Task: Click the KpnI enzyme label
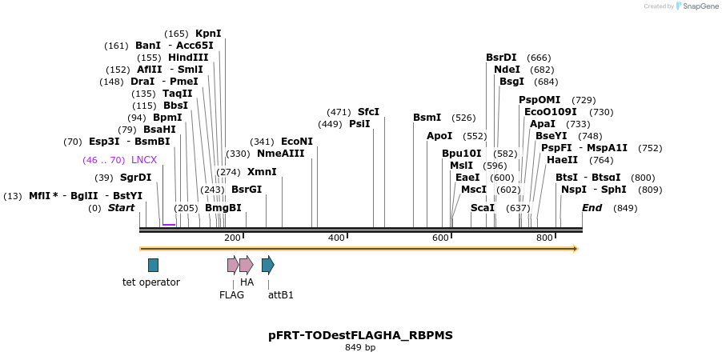point(208,34)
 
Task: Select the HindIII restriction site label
point(188,58)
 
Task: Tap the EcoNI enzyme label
point(297,142)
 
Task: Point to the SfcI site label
point(368,112)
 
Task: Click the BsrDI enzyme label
point(501,58)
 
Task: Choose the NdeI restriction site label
point(507,70)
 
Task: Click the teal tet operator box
point(153,265)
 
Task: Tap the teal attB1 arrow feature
point(268,265)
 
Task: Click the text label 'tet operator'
point(151,282)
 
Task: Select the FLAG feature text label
point(231,295)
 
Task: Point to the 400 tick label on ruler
point(336,238)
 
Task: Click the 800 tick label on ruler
point(544,238)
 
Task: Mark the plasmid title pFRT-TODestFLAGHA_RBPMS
point(360,335)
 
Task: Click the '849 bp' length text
point(360,348)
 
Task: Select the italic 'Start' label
point(122,208)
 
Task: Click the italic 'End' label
point(592,208)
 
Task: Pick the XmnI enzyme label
point(262,172)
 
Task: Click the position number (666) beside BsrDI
point(539,58)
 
